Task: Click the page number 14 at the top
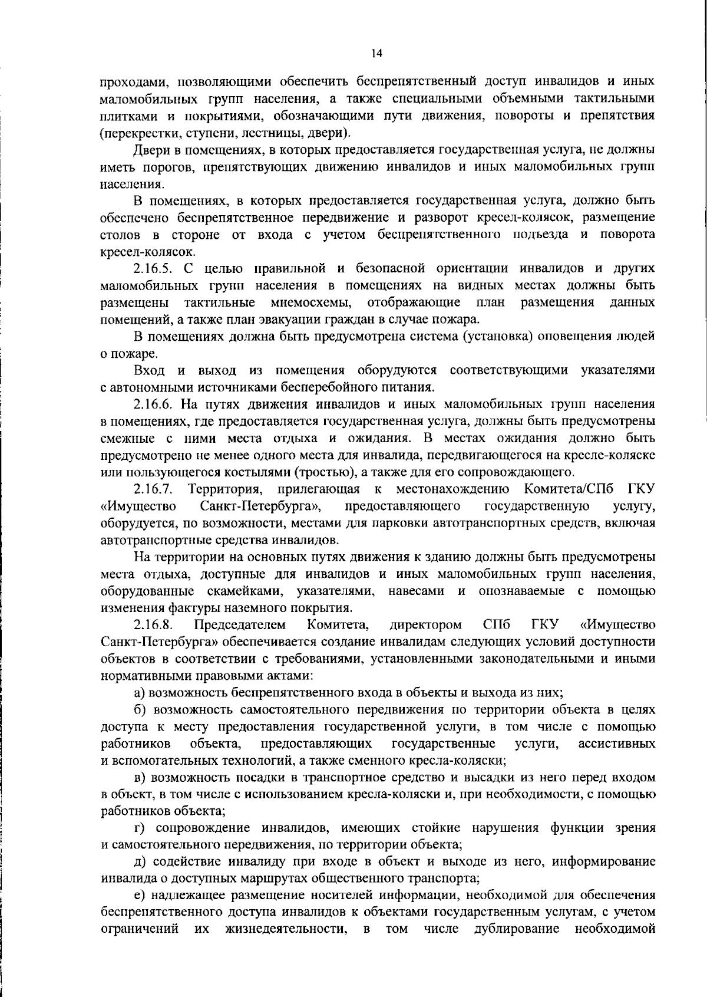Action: (377, 54)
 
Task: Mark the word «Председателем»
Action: (240, 624)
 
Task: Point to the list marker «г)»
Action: (140, 828)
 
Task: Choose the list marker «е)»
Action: (140, 896)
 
